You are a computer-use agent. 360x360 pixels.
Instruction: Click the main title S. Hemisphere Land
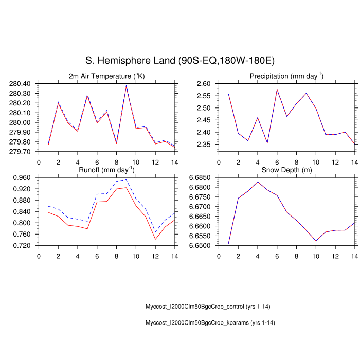[179, 61]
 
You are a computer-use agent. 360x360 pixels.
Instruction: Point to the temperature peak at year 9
[126, 86]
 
